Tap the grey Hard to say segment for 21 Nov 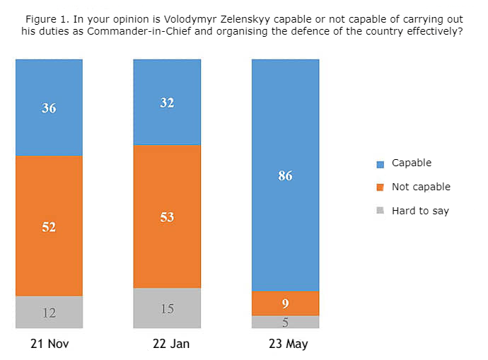pos(49,312)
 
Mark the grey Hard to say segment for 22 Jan pos(167,308)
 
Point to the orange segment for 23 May pos(286,303)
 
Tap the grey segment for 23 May pos(286,322)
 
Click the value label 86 pos(286,176)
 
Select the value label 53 pos(167,217)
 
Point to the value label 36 pos(49,108)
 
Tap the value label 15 pos(167,308)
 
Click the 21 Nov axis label pos(49,344)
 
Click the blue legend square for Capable pos(380,164)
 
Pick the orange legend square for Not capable pos(380,187)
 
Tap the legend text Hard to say pos(420,211)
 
